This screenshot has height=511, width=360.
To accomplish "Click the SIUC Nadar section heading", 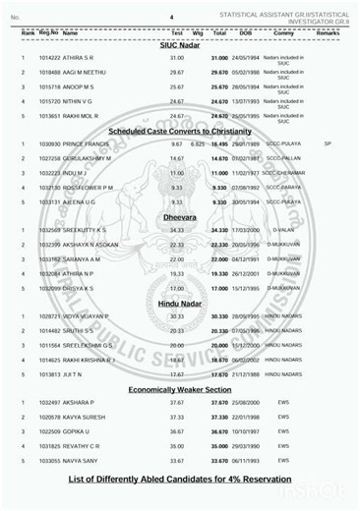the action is [181, 45].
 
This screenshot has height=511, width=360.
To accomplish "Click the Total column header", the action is [220, 32].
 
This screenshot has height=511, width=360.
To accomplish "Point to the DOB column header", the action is [246, 32].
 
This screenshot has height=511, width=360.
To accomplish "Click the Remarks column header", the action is [329, 32].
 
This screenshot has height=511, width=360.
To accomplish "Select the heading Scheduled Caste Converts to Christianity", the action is [181, 130].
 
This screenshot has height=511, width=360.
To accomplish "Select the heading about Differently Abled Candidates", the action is [181, 480].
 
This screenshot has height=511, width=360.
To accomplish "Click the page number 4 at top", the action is [171, 18].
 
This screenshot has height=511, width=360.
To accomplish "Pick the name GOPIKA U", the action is [80, 430].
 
